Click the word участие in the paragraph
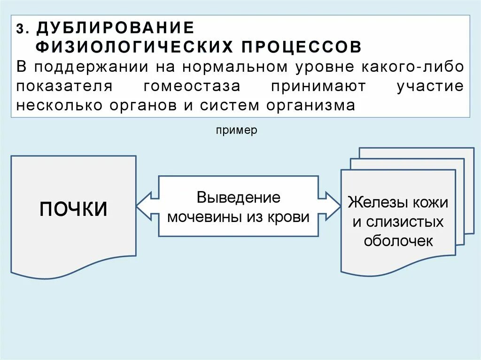pos(430,86)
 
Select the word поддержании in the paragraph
pos(93,67)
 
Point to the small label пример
pos(237,130)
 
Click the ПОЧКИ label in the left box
pos(73,209)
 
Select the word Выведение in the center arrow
pos(239,197)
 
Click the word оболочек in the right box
pos(398,241)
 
